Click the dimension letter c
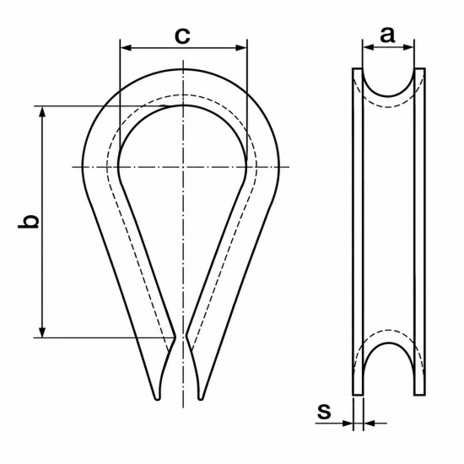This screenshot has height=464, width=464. pyautogui.click(x=182, y=36)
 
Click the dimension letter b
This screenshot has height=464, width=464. pyautogui.click(x=29, y=221)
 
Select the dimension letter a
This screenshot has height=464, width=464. pyautogui.click(x=387, y=35)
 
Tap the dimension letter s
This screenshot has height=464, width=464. pyautogui.click(x=324, y=411)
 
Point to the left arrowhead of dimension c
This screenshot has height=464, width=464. pyautogui.click(x=126, y=48)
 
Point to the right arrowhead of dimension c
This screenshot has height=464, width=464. pyautogui.click(x=241, y=48)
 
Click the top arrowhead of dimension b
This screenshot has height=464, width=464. pyautogui.click(x=43, y=112)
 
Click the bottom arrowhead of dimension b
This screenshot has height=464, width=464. pyautogui.click(x=43, y=332)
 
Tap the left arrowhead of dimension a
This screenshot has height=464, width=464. pyautogui.click(x=369, y=46)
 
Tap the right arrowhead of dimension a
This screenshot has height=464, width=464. pyautogui.click(x=408, y=46)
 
